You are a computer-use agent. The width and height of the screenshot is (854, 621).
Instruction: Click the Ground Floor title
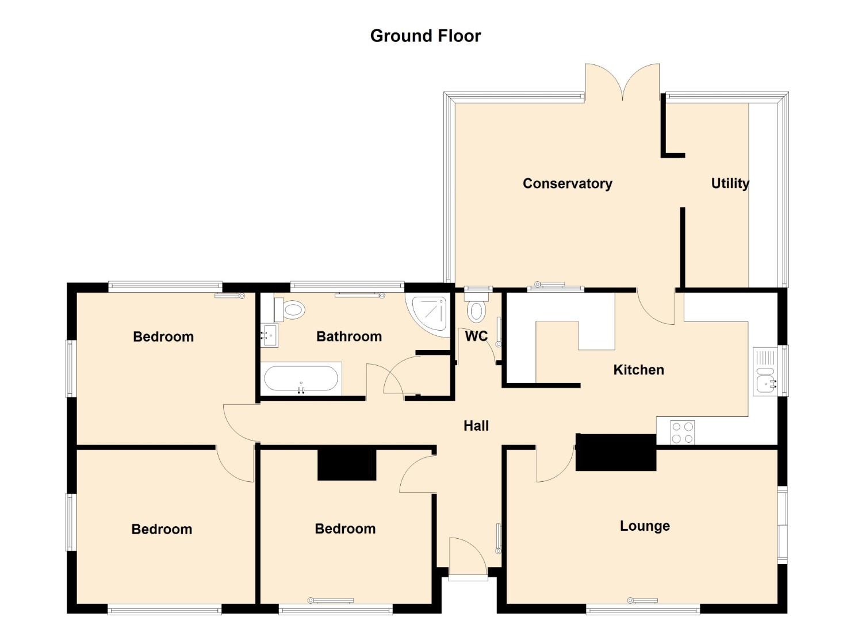426,36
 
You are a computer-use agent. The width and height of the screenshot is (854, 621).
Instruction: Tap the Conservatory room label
567,184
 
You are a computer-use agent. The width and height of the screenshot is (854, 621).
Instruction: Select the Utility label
730,184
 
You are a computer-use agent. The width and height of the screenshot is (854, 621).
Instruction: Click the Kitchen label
638,370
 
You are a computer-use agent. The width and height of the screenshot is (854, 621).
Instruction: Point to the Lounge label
645,526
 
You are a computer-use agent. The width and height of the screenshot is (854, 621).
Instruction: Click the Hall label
476,426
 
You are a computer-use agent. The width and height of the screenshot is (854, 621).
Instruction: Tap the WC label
476,336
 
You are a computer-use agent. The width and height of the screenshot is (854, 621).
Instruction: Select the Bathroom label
349,336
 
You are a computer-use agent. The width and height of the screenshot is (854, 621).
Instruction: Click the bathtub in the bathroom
301,378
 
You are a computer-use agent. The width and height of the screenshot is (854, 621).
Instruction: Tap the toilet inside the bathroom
290,309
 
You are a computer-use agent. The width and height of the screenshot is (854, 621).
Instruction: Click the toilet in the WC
477,307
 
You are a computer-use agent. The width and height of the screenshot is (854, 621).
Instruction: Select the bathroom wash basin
269,335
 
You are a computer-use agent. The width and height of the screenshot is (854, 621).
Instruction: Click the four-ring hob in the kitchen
683,432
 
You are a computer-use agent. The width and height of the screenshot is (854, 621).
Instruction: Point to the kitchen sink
766,371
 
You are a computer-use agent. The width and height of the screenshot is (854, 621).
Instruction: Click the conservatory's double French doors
623,83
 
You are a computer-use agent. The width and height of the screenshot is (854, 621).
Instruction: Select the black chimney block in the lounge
616,453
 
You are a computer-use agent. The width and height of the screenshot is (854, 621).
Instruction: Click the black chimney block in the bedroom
347,465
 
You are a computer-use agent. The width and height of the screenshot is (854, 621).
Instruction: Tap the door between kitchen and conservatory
655,307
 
